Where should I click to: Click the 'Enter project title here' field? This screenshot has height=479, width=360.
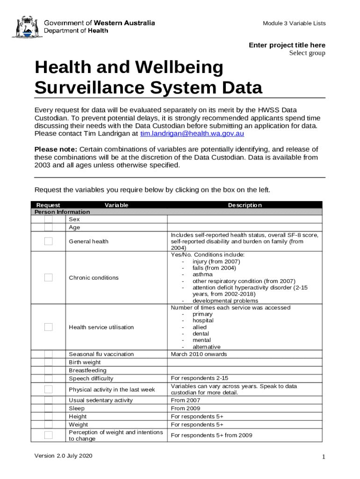pos(287,45)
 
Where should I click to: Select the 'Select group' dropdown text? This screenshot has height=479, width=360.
pos(307,53)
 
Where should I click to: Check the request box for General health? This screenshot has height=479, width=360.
pos(49,241)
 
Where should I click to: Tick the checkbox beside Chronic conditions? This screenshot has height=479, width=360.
pos(49,277)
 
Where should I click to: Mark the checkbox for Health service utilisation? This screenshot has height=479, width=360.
pos(49,327)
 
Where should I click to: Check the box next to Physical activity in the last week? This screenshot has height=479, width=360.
pos(49,389)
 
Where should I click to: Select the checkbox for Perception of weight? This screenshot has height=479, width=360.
pos(49,435)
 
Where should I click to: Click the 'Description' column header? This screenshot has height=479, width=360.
pos(245,205)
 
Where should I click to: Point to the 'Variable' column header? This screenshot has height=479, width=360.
pos(116,205)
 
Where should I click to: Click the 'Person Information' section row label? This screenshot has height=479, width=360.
pos(62,212)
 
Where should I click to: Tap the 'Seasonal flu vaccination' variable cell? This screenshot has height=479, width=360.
pos(101,354)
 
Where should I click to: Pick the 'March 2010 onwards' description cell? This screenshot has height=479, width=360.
pos(199,354)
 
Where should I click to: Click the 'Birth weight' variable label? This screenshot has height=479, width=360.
pos(85,362)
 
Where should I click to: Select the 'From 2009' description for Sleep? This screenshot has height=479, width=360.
pos(185,408)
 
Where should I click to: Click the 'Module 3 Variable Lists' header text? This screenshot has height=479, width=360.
pos(294,23)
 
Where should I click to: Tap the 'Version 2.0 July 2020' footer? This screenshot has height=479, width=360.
pos(64,456)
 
